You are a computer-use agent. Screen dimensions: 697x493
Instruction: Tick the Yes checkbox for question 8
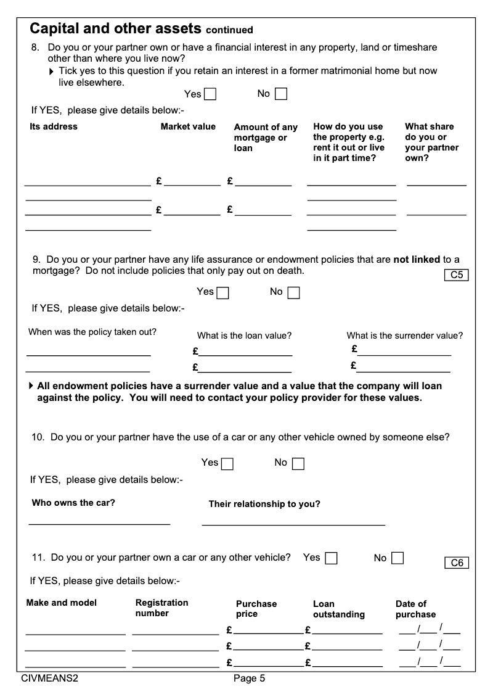(210, 94)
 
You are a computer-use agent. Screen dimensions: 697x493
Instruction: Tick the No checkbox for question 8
(281, 94)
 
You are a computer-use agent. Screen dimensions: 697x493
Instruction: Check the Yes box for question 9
(222, 292)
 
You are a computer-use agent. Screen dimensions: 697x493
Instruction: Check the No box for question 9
(294, 292)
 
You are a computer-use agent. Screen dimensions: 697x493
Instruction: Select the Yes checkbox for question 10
(227, 463)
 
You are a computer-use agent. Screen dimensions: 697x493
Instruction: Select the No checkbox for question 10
(298, 463)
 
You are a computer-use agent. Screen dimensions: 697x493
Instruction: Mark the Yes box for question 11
(331, 558)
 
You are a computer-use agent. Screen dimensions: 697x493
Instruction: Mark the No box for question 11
(397, 558)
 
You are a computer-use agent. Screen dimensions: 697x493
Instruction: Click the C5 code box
(457, 275)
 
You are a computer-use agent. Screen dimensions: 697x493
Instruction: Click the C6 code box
(457, 563)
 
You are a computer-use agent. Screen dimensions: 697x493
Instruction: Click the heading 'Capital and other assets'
(116, 28)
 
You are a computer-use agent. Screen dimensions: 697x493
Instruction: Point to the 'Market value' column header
(188, 126)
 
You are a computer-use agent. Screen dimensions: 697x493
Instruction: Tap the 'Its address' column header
(54, 126)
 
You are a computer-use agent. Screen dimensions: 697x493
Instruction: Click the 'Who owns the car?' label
(73, 503)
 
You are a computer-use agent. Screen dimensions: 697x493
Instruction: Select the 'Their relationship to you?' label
(264, 504)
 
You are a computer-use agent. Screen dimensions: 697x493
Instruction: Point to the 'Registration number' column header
(161, 608)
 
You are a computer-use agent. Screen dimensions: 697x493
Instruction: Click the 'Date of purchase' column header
(415, 609)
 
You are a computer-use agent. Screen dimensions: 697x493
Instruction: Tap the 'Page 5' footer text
(249, 679)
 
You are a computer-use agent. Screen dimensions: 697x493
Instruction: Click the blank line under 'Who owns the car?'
(99, 524)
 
